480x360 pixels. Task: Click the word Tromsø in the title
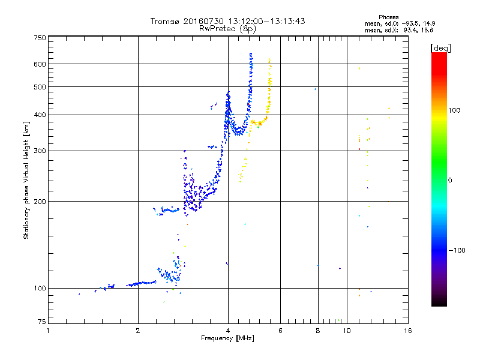164,21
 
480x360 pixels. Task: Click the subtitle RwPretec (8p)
228,28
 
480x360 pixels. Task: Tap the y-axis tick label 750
40,37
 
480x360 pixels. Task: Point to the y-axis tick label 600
40,64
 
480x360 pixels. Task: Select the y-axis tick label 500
40,86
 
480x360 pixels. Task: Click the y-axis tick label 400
40,115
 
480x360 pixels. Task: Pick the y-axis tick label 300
40,151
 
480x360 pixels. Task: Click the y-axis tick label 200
40,201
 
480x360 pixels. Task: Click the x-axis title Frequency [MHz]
228,339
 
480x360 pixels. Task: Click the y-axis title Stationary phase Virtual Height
26,180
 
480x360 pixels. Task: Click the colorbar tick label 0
453,180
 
